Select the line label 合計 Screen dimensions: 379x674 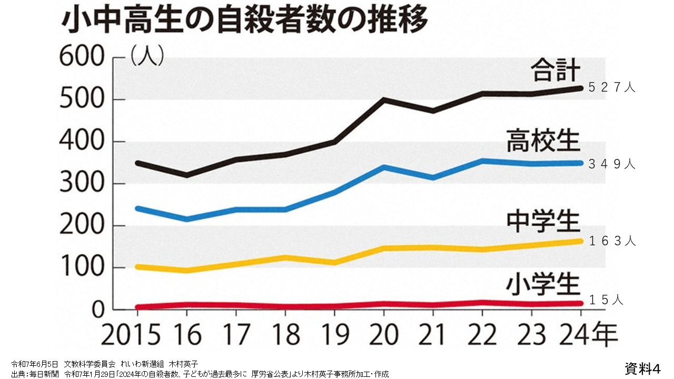[555, 71]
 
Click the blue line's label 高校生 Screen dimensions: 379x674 [543, 141]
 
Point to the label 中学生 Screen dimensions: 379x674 [543, 222]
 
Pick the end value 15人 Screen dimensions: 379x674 [606, 301]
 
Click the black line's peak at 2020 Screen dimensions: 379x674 [384, 99]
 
